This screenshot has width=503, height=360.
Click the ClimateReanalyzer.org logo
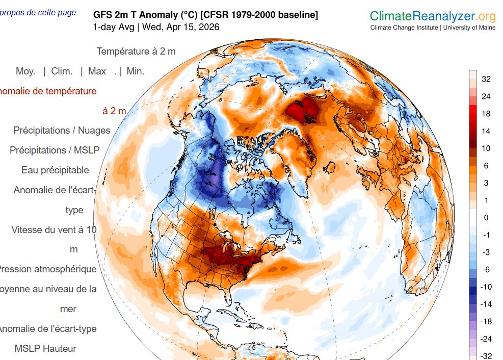[x=432, y=16]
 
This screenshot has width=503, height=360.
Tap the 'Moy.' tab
[x=25, y=71]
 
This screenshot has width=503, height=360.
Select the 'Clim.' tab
[x=62, y=71]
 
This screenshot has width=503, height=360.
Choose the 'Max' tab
[x=97, y=71]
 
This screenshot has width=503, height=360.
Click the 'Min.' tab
[x=135, y=71]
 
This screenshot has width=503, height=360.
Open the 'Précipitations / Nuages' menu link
[x=62, y=131]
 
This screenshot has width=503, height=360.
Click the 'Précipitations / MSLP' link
[x=55, y=150]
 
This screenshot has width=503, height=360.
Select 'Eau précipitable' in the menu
[x=55, y=170]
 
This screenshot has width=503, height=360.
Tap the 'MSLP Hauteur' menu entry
[x=45, y=349]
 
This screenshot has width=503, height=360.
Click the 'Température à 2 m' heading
[x=136, y=52]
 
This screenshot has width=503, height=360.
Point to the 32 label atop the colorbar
[x=486, y=79]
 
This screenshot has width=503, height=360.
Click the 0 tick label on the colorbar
[x=486, y=218]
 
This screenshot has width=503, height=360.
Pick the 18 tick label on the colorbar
[x=486, y=114]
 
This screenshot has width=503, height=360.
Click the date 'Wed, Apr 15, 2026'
[x=181, y=27]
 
